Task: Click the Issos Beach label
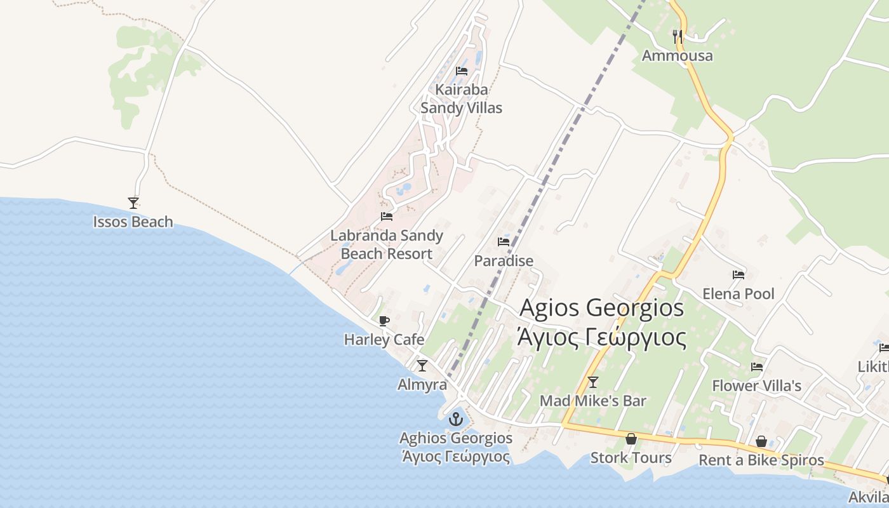tap(133, 222)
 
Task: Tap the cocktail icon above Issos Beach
tap(133, 203)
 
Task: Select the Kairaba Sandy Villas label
tap(461, 99)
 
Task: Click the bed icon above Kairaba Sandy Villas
tap(462, 70)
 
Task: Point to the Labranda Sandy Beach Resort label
tap(386, 244)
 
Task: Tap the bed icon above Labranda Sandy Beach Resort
tap(386, 217)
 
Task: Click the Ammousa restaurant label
tap(677, 56)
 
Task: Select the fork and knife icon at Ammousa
tap(677, 36)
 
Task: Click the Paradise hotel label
tap(504, 261)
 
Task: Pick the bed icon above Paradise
tap(504, 242)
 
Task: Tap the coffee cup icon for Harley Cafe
tap(384, 321)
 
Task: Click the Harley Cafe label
tap(384, 340)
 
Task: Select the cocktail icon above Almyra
tap(422, 366)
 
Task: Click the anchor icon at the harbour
tap(455, 419)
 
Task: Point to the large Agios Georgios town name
tap(602, 323)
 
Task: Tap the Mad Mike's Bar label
tap(592, 401)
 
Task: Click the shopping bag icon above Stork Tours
tap(631, 439)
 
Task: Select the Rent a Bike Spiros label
tap(761, 460)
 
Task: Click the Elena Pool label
tap(738, 294)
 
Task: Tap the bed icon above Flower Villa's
tap(756, 367)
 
